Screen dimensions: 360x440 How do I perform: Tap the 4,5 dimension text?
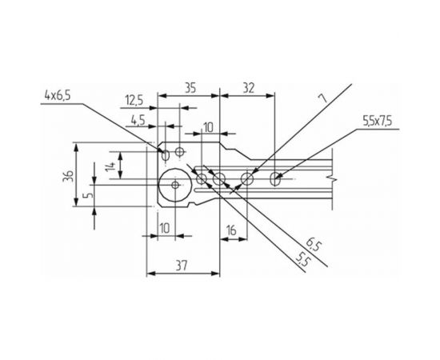click(138, 120)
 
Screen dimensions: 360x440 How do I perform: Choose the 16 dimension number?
click(232, 230)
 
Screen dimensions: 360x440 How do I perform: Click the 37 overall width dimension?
click(182, 265)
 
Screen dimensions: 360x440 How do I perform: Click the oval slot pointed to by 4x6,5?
click(166, 151)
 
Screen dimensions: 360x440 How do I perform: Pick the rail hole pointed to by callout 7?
click(247, 178)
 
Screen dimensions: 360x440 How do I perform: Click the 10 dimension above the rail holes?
click(209, 127)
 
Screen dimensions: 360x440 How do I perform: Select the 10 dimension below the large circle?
click(163, 228)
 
